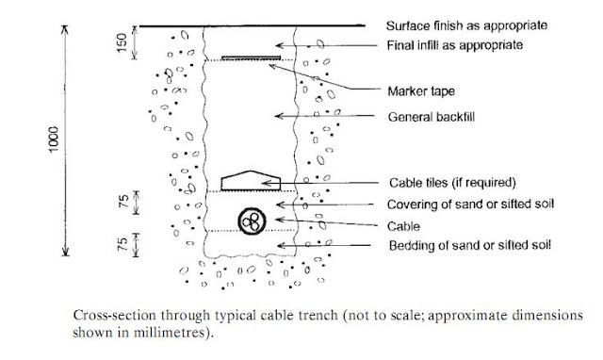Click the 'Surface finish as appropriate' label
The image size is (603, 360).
tap(466, 25)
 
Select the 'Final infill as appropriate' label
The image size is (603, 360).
tap(454, 45)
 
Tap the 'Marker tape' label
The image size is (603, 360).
tap(421, 91)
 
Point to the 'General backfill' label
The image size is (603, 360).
tap(432, 117)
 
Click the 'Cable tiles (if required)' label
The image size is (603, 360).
tap(452, 182)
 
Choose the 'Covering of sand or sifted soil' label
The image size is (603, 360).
tap(470, 205)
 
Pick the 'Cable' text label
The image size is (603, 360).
tap(403, 226)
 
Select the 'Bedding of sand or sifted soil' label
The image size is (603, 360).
tap(469, 245)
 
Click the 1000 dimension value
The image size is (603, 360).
tap(54, 139)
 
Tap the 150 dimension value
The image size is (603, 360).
tap(122, 42)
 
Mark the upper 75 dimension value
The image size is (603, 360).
tap(123, 202)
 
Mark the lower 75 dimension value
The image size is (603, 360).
tap(122, 245)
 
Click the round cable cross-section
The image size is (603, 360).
tap(252, 221)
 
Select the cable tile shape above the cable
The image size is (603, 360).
tap(251, 181)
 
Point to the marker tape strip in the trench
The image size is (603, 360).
tap(252, 57)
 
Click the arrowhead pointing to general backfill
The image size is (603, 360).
tap(279, 116)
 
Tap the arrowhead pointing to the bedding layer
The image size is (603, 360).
tap(281, 245)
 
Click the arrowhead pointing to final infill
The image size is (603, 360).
tap(280, 45)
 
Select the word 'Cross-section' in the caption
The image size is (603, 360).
tap(114, 316)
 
